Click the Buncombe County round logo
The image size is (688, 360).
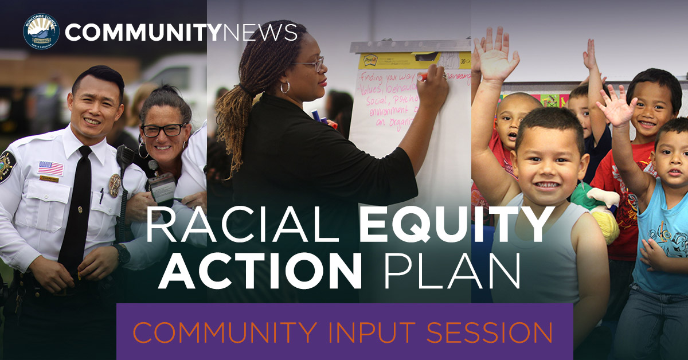point(41,32)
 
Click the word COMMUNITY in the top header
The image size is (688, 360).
point(142,32)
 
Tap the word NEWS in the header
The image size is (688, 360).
point(259,32)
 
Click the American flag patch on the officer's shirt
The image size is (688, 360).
point(50,168)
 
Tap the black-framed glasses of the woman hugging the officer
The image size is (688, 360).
point(164,130)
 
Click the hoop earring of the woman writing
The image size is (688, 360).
point(285,87)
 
